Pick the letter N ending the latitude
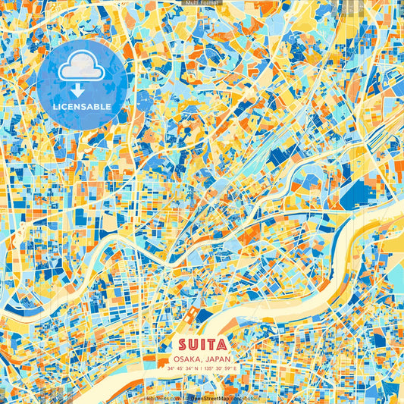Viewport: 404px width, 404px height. click(197, 369)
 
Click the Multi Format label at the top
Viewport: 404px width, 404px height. click(202, 3)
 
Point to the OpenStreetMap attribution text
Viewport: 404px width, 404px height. click(204, 397)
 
